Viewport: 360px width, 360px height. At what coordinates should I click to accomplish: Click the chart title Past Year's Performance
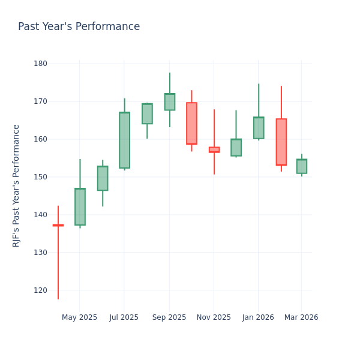pos(79,27)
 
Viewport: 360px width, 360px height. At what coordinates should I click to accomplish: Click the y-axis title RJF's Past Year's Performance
pos(16,185)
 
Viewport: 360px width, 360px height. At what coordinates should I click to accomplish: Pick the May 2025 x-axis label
pos(79,317)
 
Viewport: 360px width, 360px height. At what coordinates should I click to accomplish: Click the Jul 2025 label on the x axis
pos(124,317)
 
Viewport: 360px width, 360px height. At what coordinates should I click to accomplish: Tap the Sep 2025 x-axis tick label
pos(169,317)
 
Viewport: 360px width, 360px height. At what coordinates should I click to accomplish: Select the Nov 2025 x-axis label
pos(214,317)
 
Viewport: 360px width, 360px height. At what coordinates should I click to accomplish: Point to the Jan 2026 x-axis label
pos(258,317)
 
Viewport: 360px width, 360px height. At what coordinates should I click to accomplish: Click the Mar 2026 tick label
pos(301,317)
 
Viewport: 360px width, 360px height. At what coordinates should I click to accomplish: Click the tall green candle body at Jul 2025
pos(124,140)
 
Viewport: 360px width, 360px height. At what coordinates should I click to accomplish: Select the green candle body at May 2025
pos(80,207)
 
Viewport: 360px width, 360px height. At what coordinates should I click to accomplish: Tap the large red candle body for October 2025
pos(191,123)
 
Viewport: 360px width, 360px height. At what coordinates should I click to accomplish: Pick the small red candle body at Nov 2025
pos(214,150)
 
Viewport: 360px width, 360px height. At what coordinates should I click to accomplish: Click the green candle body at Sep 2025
pos(170,102)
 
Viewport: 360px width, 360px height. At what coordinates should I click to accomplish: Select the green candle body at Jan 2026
pos(259,128)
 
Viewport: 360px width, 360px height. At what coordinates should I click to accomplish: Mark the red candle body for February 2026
pos(281,142)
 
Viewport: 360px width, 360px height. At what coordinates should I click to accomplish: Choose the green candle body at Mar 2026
pos(302,166)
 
